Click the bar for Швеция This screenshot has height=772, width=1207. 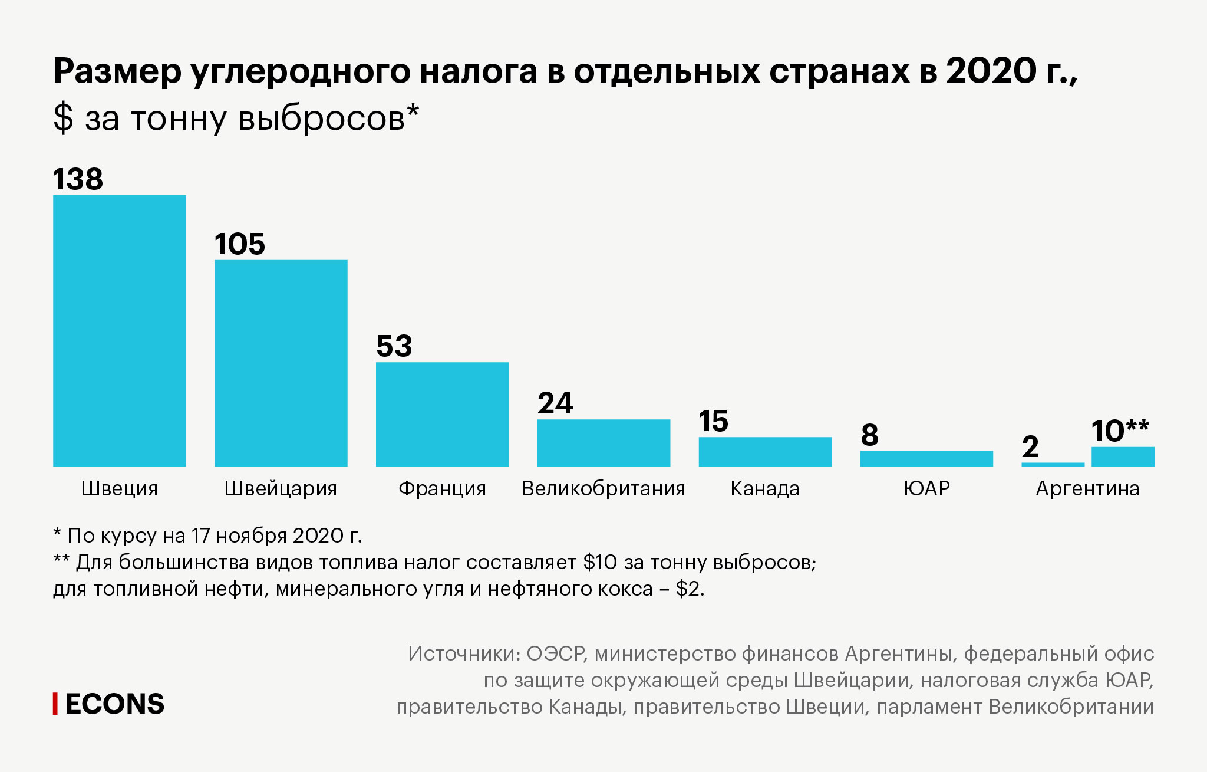(x=120, y=330)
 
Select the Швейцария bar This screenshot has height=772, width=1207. (x=281, y=363)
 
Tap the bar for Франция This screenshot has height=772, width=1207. (x=442, y=414)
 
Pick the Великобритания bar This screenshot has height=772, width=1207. (x=603, y=442)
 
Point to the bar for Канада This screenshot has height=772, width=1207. (x=765, y=452)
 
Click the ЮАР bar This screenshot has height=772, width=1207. (x=926, y=458)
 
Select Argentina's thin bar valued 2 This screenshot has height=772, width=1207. (x=1053, y=465)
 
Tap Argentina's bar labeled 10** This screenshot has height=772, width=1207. (x=1123, y=456)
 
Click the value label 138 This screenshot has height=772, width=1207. (x=78, y=179)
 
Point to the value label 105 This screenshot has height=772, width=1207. (x=240, y=244)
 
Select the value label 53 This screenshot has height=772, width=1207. (x=394, y=346)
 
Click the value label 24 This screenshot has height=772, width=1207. (x=555, y=403)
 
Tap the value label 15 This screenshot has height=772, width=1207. (x=714, y=421)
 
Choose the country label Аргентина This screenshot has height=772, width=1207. (x=1087, y=488)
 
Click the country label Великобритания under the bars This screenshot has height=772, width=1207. (x=603, y=488)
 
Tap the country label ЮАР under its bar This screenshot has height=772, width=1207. (x=926, y=488)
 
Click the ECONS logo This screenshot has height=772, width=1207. (x=114, y=704)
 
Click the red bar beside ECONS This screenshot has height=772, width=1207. (x=55, y=704)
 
